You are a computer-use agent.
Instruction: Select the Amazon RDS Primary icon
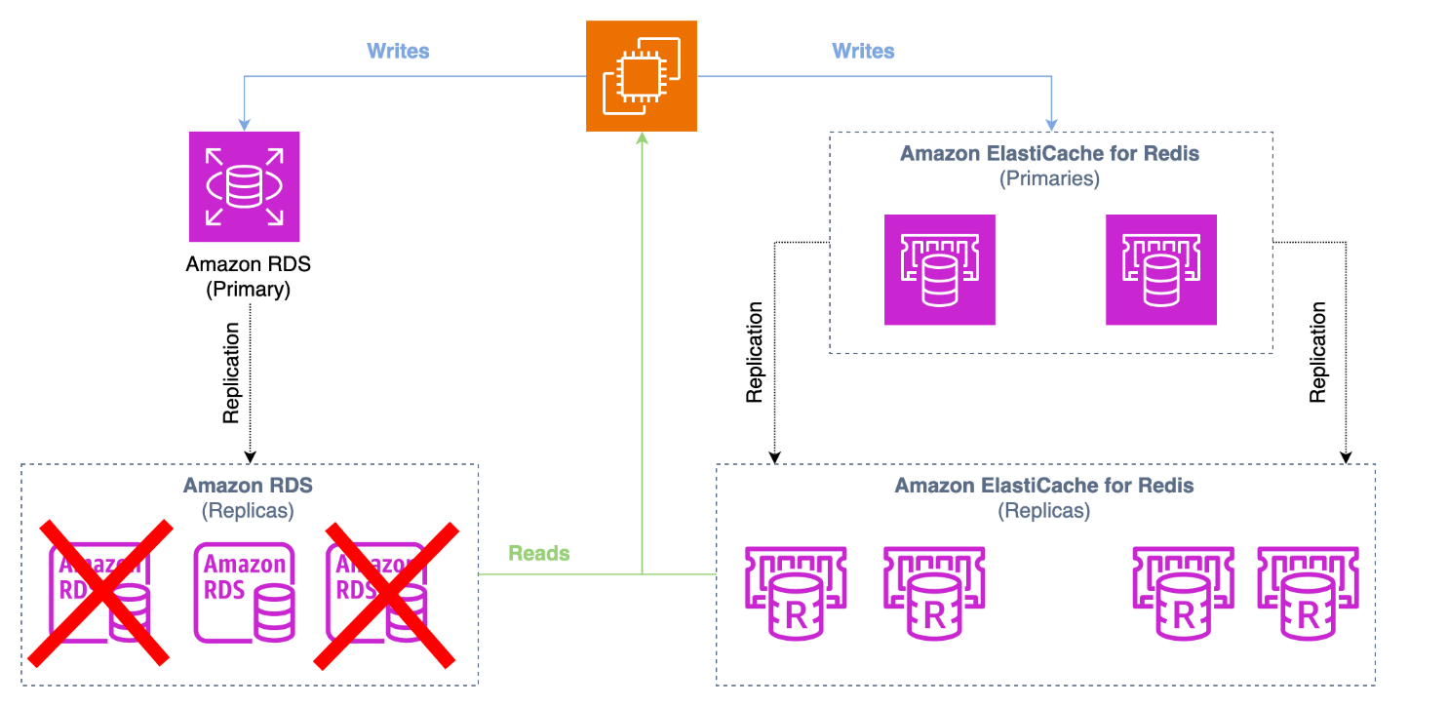244,186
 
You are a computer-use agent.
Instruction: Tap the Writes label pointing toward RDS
398,51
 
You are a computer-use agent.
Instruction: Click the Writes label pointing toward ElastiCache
863,51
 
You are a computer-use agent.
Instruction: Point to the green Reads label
538,553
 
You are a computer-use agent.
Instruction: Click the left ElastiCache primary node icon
939,269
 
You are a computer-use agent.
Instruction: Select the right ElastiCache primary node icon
1160,269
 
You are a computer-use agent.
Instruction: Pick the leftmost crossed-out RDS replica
100,593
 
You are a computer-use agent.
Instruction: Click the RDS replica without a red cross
244,593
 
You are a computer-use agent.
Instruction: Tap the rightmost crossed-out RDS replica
386,593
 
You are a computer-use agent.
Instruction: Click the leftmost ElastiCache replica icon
795,593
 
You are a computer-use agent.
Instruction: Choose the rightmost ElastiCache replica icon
1308,593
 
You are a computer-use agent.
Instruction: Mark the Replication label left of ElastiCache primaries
754,353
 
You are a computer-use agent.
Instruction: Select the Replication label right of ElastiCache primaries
1318,353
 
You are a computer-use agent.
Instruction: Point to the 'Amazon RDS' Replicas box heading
248,486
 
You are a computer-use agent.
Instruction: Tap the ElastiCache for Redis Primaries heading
1049,154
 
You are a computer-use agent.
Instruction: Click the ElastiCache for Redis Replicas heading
1044,486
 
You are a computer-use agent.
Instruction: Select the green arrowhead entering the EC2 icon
643,139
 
